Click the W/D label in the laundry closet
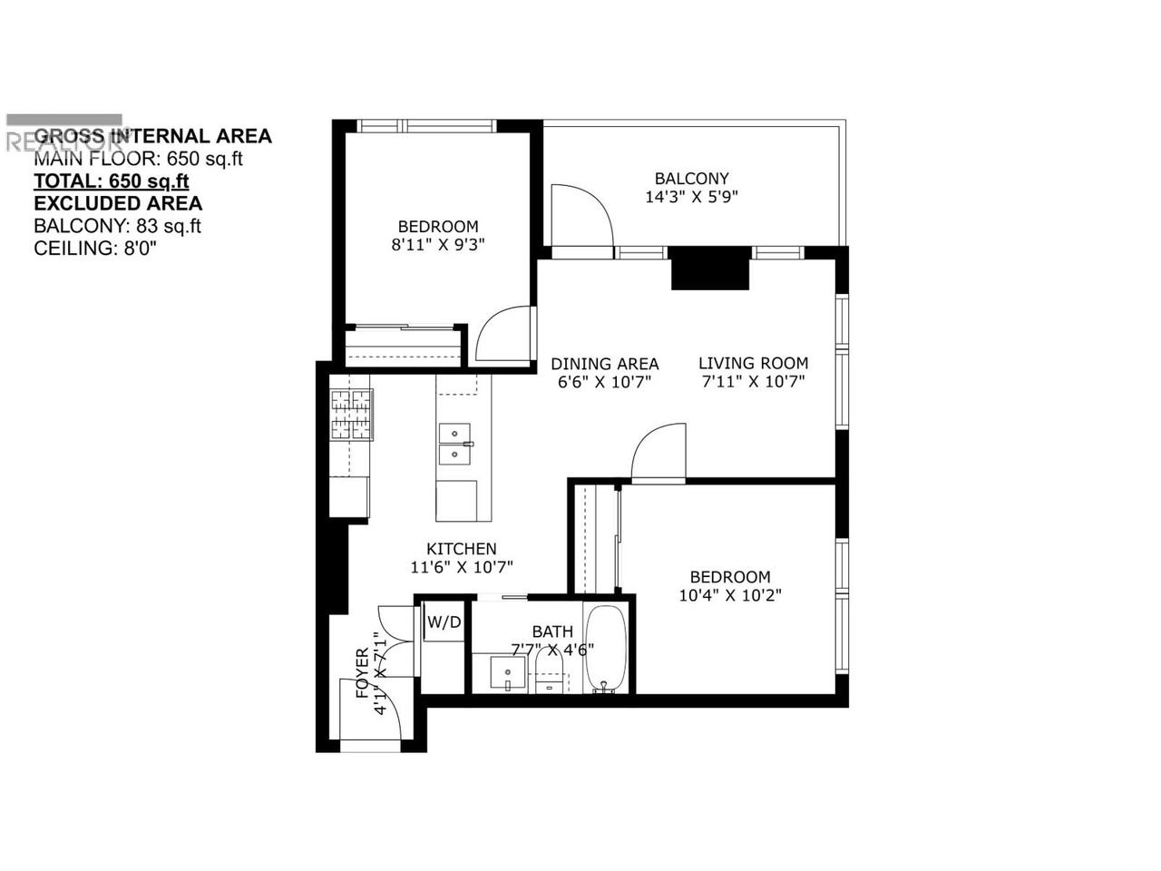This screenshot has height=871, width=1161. pyautogui.click(x=444, y=622)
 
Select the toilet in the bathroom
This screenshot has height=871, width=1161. pyautogui.click(x=549, y=676)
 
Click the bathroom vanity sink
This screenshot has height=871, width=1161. pyautogui.click(x=508, y=674)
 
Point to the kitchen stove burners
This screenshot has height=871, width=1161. pyautogui.click(x=351, y=415)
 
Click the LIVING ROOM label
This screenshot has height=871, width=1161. pyautogui.click(x=753, y=363)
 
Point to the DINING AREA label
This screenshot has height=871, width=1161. pyautogui.click(x=605, y=364)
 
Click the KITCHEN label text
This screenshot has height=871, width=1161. pyautogui.click(x=462, y=549)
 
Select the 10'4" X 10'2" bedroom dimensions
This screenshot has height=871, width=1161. pyautogui.click(x=730, y=595)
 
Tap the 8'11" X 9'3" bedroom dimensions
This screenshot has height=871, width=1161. pyautogui.click(x=438, y=244)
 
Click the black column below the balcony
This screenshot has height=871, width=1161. pyautogui.click(x=710, y=268)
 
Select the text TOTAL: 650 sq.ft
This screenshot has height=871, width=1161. pyautogui.click(x=111, y=181)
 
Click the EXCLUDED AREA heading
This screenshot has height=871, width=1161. pyautogui.click(x=118, y=203)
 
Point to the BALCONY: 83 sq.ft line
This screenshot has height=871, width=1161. pyautogui.click(x=117, y=226)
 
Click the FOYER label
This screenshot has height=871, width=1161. pyautogui.click(x=363, y=673)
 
